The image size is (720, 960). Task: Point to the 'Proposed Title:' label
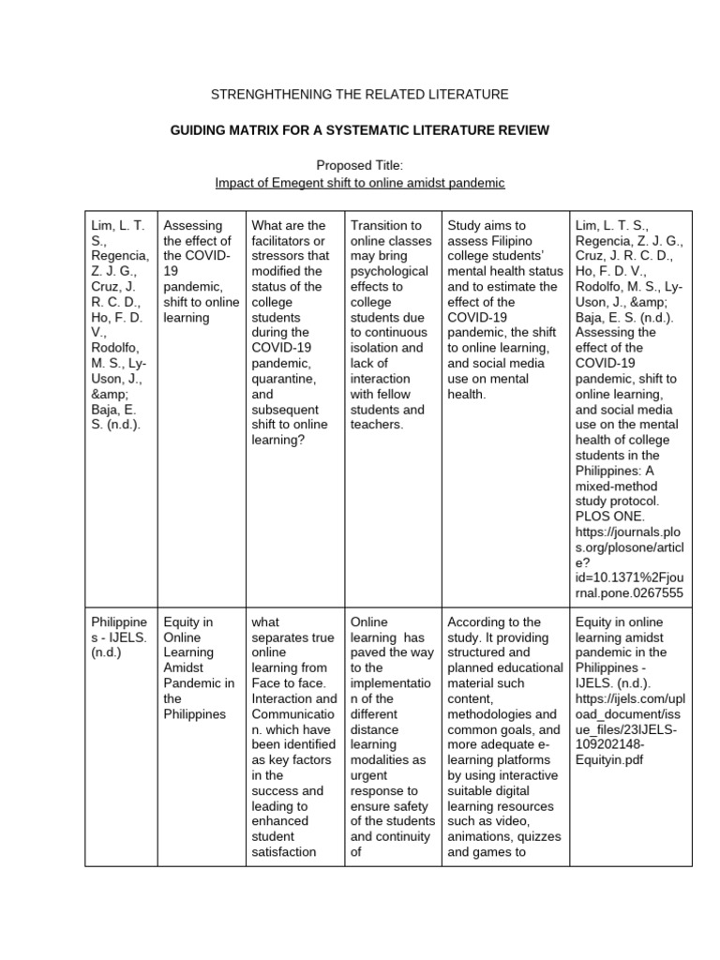(x=359, y=165)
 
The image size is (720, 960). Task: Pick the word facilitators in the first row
(x=284, y=241)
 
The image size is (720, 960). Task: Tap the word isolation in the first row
(x=374, y=348)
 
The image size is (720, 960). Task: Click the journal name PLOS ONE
(x=609, y=516)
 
